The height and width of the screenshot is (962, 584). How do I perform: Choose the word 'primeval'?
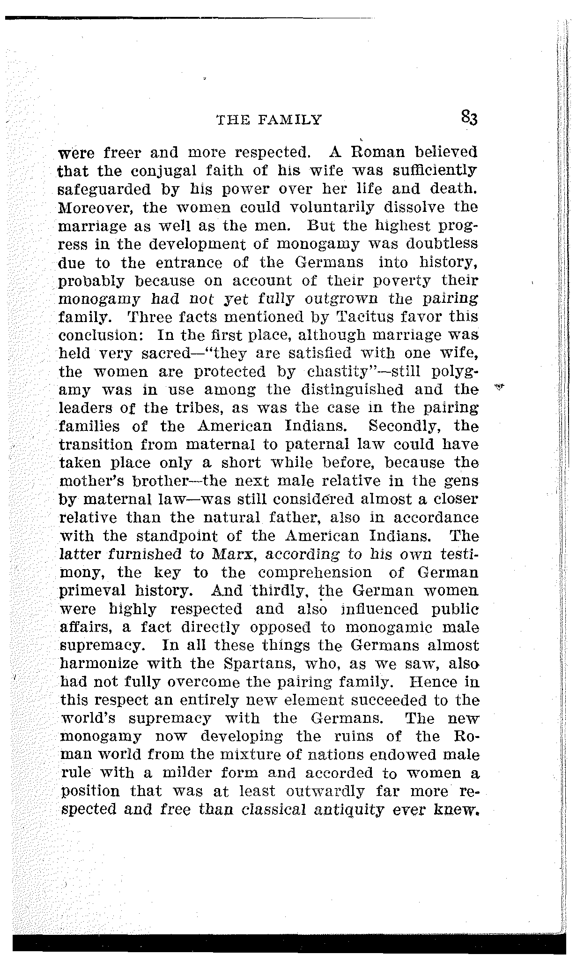pos(87,591)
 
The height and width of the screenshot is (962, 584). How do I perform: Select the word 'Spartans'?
pos(260,664)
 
